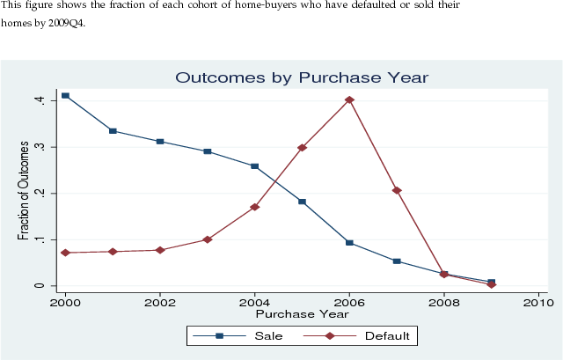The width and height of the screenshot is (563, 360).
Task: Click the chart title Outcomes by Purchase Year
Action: click(x=302, y=77)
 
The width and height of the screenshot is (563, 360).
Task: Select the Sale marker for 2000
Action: click(x=65, y=95)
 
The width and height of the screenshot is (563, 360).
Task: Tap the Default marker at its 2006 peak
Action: click(x=349, y=99)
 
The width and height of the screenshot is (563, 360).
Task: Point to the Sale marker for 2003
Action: click(x=208, y=151)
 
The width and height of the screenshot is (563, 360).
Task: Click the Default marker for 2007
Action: click(x=397, y=190)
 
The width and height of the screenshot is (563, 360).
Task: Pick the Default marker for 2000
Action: click(x=65, y=253)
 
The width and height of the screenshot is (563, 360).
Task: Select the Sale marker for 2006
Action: click(x=349, y=242)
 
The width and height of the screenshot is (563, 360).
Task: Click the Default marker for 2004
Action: click(x=255, y=207)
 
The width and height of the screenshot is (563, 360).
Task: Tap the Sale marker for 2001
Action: click(x=113, y=131)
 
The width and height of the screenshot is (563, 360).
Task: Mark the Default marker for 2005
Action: click(x=302, y=148)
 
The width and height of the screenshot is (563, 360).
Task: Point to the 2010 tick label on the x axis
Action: click(x=538, y=303)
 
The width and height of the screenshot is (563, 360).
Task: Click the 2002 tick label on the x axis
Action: click(x=160, y=303)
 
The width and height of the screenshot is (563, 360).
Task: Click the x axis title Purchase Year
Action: click(x=302, y=313)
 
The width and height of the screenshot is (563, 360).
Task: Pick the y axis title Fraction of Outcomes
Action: click(x=24, y=192)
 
